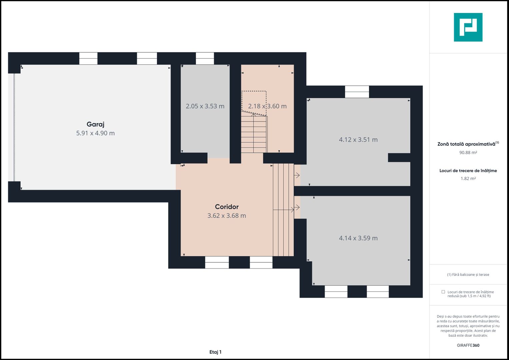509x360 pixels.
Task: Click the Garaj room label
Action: [95, 124]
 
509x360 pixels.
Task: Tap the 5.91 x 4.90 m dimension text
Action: [95, 133]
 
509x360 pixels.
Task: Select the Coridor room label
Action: [227, 207]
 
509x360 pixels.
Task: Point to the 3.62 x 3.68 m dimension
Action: [227, 216]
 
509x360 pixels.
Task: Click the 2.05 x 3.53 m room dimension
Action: [205, 106]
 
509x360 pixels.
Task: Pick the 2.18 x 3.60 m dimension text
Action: [267, 106]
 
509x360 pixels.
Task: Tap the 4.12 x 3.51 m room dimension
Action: [358, 140]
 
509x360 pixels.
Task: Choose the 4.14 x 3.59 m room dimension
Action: [358, 238]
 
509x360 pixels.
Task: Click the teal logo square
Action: [468, 27]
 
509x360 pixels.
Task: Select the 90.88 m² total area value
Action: [468, 153]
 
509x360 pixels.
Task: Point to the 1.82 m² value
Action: [468, 178]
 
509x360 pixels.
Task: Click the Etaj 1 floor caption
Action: [215, 352]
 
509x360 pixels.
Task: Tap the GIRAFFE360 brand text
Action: [468, 345]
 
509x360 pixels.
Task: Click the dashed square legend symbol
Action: [443, 292]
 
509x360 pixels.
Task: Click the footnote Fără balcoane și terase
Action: [468, 275]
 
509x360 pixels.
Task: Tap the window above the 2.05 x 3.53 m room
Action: [205, 58]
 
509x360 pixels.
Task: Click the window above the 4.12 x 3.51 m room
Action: [357, 92]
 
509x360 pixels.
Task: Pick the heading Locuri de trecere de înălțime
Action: [468, 171]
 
